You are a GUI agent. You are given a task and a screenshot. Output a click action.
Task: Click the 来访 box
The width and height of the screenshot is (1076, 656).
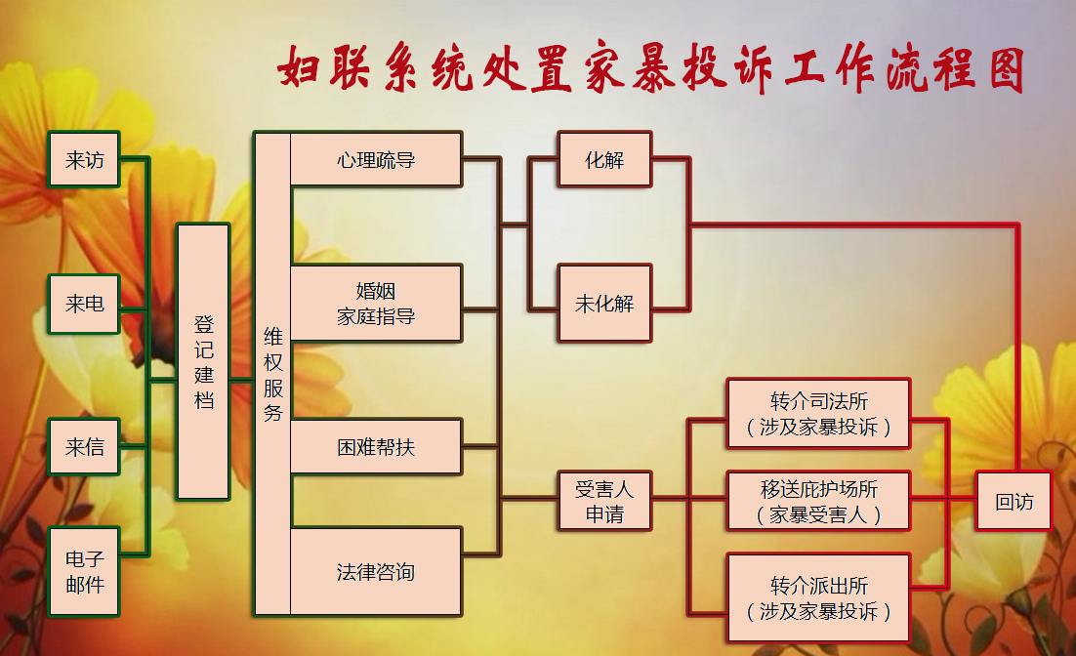(84, 159)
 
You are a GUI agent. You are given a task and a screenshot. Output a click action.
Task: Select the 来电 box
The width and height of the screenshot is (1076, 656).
(84, 304)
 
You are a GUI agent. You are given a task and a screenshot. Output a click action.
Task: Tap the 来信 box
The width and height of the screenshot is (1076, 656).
(84, 447)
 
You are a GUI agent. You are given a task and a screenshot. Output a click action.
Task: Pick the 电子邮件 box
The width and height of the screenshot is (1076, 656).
(84, 572)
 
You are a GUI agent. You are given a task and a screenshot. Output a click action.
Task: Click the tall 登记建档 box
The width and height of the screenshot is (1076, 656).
(203, 361)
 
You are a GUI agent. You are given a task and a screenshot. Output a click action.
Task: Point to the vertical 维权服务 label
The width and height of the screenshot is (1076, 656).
(273, 374)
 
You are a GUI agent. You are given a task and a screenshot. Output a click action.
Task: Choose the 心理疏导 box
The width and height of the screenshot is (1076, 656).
(376, 159)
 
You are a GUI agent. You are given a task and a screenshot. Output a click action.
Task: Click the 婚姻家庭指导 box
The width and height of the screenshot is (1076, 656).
(376, 304)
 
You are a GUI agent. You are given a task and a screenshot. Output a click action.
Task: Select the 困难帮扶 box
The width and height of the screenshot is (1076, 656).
(376, 447)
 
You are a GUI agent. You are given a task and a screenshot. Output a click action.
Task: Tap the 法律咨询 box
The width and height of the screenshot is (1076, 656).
(376, 572)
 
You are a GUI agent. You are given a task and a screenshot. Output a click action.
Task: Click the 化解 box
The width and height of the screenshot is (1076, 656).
(604, 159)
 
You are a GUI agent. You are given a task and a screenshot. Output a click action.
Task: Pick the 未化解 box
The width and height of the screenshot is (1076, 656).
(604, 304)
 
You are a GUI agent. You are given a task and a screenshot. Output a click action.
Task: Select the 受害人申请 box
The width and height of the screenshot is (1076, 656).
(604, 502)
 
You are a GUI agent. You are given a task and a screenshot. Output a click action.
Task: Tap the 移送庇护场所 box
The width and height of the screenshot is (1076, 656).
(818, 502)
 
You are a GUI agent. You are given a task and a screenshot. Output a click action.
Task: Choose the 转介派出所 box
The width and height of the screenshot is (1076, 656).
(818, 597)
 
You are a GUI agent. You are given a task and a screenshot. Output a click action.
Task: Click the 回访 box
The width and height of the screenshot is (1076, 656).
(1014, 502)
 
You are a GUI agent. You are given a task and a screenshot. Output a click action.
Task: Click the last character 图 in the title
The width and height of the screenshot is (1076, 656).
(1007, 68)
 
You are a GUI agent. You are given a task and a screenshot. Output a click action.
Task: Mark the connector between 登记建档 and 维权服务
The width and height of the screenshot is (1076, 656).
(242, 380)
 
